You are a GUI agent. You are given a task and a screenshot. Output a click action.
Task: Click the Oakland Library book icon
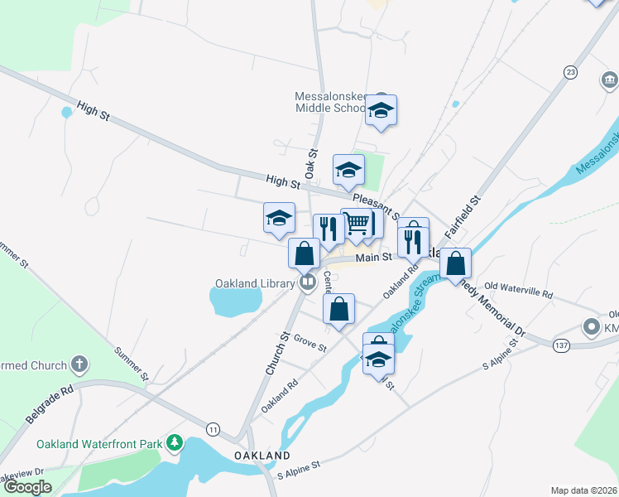pos(308,283)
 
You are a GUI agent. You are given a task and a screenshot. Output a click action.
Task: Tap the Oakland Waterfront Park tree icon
pos(174,444)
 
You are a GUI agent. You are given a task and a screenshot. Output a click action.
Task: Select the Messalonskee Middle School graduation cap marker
pos(381,110)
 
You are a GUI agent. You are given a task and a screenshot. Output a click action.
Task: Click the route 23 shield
pos(570,73)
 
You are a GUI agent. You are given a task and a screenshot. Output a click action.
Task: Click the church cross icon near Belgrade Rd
pos(79,364)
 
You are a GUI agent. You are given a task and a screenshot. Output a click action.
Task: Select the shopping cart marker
pos(357,223)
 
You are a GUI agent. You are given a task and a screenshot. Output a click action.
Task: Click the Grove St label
pos(310,344)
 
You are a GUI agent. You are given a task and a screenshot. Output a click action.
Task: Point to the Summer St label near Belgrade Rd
pos(133,364)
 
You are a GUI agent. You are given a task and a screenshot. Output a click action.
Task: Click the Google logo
pos(27,487)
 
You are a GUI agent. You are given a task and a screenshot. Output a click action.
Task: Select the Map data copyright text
pos(583,490)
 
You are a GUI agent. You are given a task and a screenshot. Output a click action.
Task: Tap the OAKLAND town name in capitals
pos(262,456)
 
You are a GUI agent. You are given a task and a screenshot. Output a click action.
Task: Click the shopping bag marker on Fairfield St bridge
pos(455,264)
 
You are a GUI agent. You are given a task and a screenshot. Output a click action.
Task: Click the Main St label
pos(373,258)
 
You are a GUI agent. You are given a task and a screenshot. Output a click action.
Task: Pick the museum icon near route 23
pos(610,80)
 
